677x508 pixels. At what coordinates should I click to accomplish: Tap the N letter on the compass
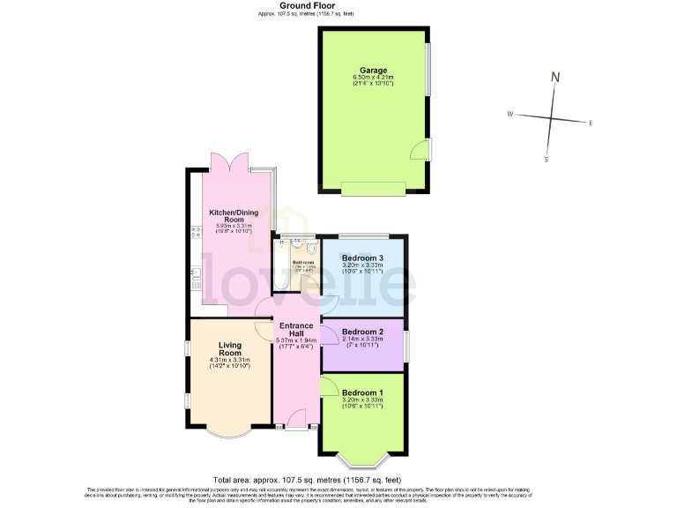coord(555,78)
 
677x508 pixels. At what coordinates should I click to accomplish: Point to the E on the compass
coord(591,123)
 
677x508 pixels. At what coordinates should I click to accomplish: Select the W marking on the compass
coord(510,115)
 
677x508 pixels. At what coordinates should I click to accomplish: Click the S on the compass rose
coord(547,160)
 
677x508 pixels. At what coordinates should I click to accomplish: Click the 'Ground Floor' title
coord(338,6)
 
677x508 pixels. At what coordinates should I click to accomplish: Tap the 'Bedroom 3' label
coord(363,258)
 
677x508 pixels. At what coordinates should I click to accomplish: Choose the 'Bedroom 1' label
coord(363,392)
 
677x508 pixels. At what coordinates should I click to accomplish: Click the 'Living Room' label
coord(230,348)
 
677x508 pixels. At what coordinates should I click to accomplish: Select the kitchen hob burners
coord(194,232)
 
